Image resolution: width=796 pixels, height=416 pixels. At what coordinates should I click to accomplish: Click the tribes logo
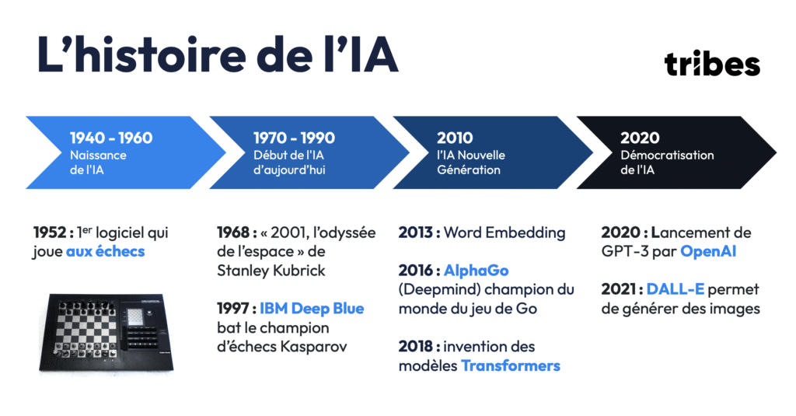pos(712,64)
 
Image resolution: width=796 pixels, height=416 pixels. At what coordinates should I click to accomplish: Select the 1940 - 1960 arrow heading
pos(111,138)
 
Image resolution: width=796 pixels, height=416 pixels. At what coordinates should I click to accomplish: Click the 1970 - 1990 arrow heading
pos(294,138)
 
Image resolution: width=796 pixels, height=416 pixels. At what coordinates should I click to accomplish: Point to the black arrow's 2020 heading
pos(640,138)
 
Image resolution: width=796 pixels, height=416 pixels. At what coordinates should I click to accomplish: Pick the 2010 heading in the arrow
pos(455,138)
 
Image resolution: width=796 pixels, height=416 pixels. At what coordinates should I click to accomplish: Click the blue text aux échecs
pos(106,251)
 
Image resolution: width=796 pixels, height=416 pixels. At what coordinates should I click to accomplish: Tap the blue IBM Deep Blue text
pos(312,309)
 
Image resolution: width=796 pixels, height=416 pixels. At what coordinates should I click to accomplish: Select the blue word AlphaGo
pos(477,271)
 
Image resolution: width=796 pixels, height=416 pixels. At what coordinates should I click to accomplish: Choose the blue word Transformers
pos(510,365)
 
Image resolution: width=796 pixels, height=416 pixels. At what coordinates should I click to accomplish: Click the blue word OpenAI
pos(708,251)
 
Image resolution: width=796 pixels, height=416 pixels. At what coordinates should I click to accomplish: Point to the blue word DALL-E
pos(676,289)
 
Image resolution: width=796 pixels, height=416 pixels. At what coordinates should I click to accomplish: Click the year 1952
pos(49,232)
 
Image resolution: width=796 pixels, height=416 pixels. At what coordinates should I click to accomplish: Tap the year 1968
pos(233,232)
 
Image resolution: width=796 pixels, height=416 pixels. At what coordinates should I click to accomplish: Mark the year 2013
pos(416,232)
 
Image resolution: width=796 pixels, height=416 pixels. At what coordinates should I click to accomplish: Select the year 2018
pos(416,347)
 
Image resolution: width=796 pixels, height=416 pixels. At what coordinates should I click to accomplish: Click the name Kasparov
pos(314,347)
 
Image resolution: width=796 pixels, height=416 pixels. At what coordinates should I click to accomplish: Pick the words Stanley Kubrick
pos(271,271)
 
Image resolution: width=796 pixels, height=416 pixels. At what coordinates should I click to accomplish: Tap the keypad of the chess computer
pos(143,337)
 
